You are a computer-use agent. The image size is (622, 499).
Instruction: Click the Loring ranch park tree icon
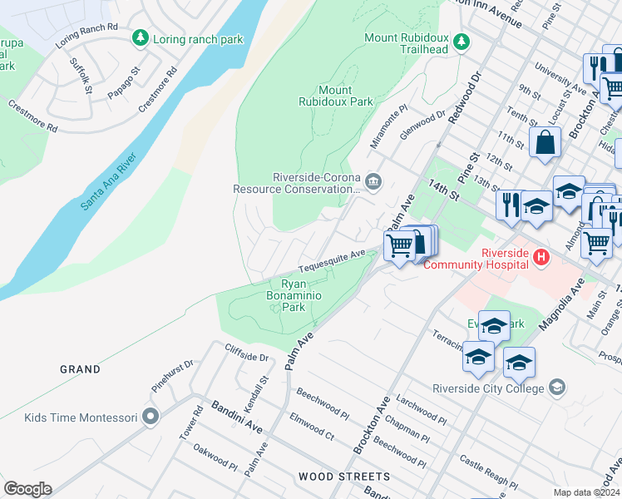[140, 38]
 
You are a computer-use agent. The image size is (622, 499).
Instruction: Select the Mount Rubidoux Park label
[336, 96]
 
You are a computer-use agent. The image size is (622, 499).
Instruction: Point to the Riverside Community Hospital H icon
[541, 258]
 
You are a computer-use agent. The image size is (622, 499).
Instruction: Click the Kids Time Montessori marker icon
[150, 417]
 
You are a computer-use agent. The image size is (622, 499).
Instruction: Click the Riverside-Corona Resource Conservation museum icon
[373, 181]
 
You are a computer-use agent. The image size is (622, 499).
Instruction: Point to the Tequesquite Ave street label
[333, 262]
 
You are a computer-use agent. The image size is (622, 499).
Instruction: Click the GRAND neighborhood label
[80, 368]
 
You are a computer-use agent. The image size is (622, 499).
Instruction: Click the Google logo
[27, 489]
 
